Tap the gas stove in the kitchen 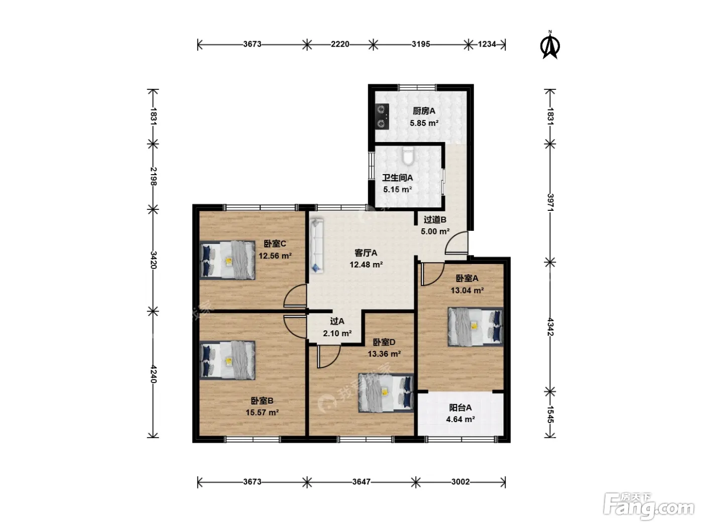coord(382,117)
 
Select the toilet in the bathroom coord(408,156)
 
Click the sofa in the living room coord(316,245)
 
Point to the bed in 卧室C coord(227,260)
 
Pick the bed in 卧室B coord(227,360)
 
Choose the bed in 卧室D coord(386,393)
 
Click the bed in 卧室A coord(476,327)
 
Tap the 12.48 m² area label coord(366,265)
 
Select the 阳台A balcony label coord(460,408)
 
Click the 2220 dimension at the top coord(340,44)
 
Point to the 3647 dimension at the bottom coord(361,481)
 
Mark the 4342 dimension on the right coord(550,327)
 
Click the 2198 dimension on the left coord(153,176)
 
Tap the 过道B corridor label coord(435,220)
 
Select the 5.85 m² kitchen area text coord(424,123)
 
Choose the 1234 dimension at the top coord(487,44)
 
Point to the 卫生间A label coord(398,178)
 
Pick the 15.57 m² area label coord(262,413)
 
